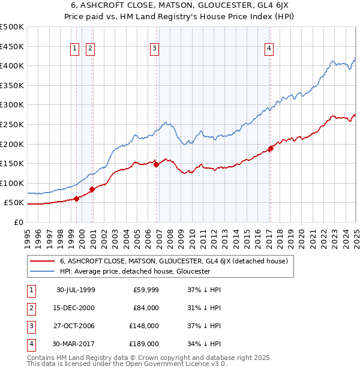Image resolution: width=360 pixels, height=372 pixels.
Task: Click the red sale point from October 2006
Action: pyautogui.click(x=156, y=164)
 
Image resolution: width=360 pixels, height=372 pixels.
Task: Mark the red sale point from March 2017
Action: pyautogui.click(x=271, y=148)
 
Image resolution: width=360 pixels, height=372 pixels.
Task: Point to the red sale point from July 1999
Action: pyautogui.click(x=77, y=199)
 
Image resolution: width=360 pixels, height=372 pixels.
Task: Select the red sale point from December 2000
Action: pyautogui.click(x=92, y=189)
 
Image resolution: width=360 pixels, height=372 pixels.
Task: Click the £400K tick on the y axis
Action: pyautogui.click(x=13, y=65)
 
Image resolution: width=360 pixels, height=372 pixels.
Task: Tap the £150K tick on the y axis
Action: pyautogui.click(x=13, y=163)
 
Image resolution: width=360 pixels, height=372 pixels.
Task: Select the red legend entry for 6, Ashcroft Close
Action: pyautogui.click(x=174, y=261)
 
